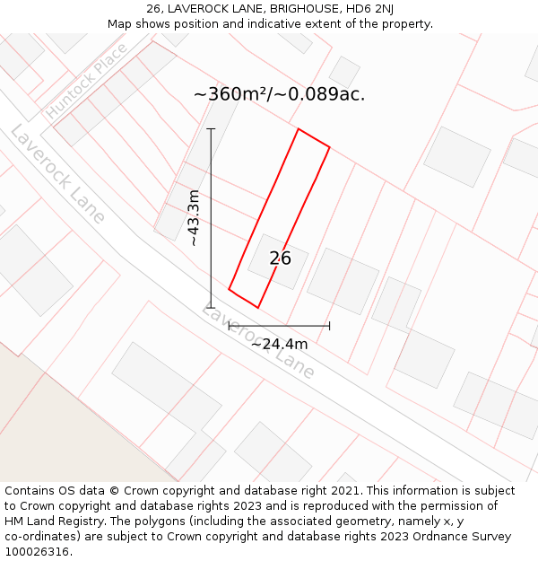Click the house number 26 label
(x=280, y=259)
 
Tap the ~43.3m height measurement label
(x=193, y=218)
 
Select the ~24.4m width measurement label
(x=279, y=344)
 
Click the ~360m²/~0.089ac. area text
(x=279, y=94)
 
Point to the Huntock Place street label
(x=86, y=82)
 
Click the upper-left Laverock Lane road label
(x=58, y=174)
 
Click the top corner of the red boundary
(x=298, y=129)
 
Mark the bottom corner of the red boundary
(x=258, y=308)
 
